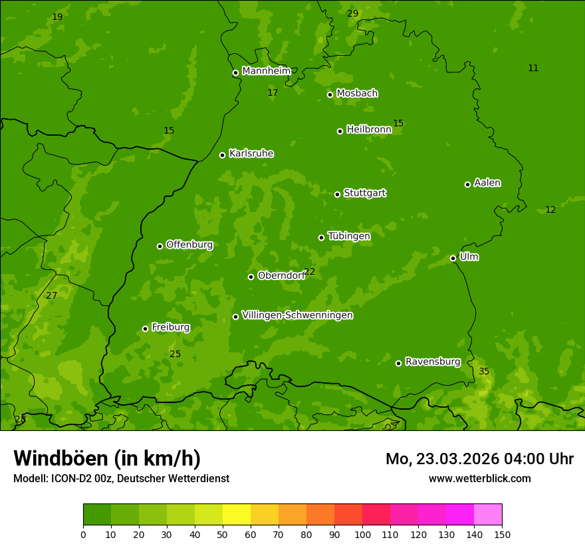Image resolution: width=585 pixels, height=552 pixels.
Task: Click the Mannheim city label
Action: pos(266,71)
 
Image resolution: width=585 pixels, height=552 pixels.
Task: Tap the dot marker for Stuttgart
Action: pos(337,194)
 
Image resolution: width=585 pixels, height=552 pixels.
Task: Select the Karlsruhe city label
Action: pos(251,154)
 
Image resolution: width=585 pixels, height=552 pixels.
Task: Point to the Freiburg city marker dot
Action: pos(145,329)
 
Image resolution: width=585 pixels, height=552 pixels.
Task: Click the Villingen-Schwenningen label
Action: pos(297,315)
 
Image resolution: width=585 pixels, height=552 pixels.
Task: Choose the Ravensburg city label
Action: pos(432,362)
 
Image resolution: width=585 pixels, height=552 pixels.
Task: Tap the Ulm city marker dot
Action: pos(453,258)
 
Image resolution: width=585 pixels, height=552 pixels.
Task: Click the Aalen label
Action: pos(487,183)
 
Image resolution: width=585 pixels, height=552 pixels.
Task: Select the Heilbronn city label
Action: pos(368,130)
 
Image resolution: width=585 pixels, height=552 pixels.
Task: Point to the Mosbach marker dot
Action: pos(330,94)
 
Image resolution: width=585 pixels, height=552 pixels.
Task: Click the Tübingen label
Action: pos(348,236)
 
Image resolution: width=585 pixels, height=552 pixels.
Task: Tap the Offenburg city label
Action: pos(189,245)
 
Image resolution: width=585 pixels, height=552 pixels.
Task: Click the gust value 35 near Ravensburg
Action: pos(484,371)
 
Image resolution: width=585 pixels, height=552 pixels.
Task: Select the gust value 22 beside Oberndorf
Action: pos(310,271)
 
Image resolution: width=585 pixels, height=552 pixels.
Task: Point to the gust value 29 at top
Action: pos(352,13)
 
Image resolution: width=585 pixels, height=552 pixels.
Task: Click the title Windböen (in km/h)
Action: pos(107,458)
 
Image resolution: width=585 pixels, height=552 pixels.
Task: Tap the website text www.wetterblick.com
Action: pos(479,478)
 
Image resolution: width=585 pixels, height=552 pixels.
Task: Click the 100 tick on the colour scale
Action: pos(362,534)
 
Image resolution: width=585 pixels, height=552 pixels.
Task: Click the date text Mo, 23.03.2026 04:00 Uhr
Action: pos(479,459)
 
